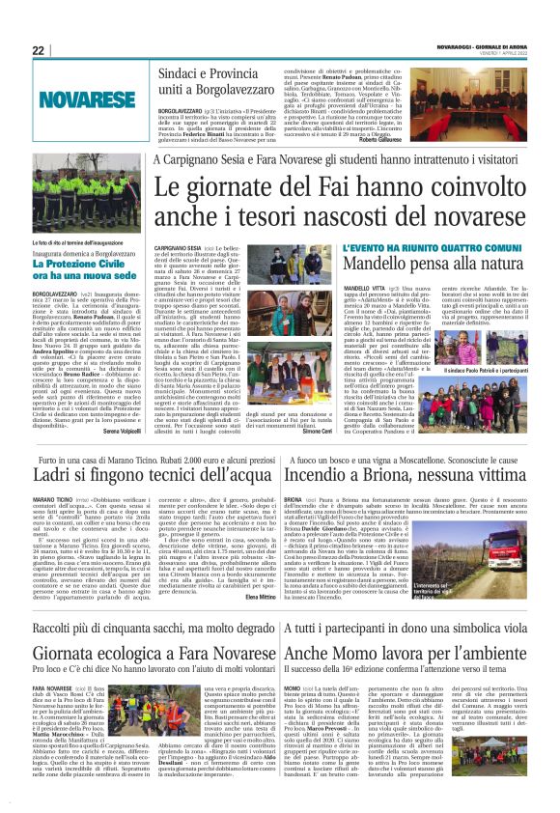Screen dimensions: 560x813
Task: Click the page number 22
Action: (39, 50)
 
